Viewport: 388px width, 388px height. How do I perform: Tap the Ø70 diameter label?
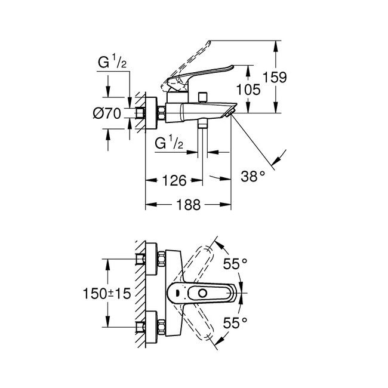[108, 113]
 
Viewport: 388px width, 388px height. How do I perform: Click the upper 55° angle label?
[235, 263]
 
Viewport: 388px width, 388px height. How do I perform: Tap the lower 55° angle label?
[235, 323]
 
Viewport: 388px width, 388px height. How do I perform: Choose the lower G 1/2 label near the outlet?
[168, 143]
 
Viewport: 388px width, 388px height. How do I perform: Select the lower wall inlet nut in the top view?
[161, 326]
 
